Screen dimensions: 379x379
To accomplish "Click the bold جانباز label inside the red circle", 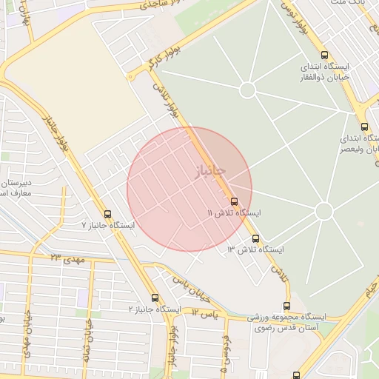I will coord(209,171).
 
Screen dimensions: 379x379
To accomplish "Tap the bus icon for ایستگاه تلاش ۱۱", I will coord(234,201).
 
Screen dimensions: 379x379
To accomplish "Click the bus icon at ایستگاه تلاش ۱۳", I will coord(256,238).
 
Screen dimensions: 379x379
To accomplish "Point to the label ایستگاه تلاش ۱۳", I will coord(255,249).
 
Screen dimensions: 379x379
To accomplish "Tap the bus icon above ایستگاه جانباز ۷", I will coord(108,214).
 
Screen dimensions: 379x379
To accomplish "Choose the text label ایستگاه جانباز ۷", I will coord(108,224).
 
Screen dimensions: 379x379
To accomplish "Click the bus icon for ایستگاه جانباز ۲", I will coord(155,298).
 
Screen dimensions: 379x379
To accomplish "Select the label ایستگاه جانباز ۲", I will coord(155,308).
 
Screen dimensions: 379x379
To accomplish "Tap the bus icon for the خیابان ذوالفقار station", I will coord(324,55).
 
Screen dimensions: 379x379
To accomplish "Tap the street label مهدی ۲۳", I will coord(67,258).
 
